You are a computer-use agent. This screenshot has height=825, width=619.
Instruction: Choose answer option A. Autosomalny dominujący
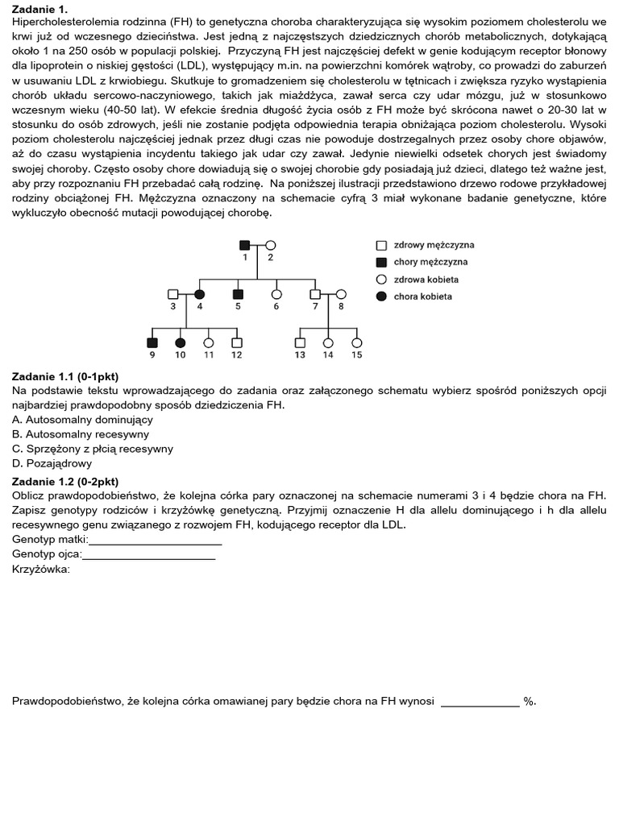(x=82, y=420)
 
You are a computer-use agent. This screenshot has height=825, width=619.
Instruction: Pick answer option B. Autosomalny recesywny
(x=81, y=434)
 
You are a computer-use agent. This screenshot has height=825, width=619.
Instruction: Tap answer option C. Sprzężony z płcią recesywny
(x=93, y=449)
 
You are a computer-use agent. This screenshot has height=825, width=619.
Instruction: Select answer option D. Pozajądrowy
(x=52, y=463)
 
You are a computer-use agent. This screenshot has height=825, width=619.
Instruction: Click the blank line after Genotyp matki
(x=155, y=540)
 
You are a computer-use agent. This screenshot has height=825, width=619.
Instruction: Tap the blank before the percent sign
(x=480, y=702)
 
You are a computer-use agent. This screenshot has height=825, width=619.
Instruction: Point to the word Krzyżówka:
(x=41, y=569)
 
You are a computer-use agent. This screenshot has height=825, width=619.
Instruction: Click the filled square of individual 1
(x=244, y=244)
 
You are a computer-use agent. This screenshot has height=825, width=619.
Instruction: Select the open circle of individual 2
(x=271, y=244)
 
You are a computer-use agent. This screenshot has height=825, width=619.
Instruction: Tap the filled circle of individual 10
(x=181, y=342)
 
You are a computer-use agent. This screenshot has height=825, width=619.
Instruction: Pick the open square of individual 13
(x=300, y=342)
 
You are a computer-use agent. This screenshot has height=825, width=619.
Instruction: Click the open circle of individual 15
(x=355, y=342)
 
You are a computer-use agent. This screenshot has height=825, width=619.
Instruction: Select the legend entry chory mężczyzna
(x=429, y=262)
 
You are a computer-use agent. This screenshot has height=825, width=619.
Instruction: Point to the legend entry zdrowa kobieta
(x=425, y=279)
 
